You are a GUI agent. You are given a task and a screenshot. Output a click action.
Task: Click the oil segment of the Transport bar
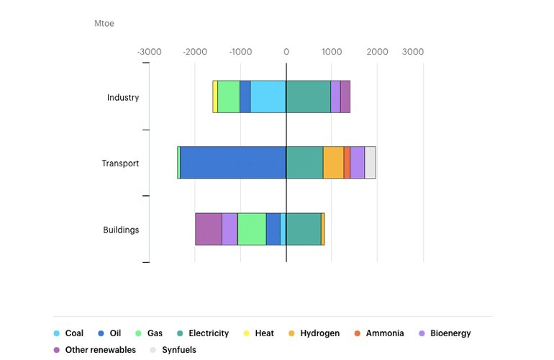point(232,163)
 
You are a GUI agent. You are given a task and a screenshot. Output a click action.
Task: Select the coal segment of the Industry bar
point(268,96)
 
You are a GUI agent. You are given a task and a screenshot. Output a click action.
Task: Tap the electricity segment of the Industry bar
point(308,96)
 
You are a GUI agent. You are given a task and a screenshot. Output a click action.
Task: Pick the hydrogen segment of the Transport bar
point(333,163)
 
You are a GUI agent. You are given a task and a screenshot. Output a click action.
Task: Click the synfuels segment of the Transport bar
point(370,163)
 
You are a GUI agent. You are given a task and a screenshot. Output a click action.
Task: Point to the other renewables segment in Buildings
point(208,229)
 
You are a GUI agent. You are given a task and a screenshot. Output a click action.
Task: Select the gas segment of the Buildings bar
point(251,229)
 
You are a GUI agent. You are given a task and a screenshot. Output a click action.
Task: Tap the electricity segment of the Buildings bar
point(303,229)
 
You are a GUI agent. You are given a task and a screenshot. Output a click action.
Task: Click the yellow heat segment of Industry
point(215,96)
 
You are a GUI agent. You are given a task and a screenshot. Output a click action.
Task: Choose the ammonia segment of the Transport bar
point(347,163)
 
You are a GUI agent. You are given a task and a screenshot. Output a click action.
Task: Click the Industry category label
point(123,97)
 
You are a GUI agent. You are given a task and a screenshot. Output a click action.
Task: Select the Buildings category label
point(121,230)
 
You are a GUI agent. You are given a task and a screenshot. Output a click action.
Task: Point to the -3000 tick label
point(150,52)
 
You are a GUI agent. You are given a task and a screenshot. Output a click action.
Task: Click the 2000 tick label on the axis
point(377,52)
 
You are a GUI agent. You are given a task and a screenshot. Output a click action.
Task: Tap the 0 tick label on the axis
point(286,52)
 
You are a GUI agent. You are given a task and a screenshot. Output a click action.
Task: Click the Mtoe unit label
point(104,23)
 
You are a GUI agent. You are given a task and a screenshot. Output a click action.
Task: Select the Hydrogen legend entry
point(314,333)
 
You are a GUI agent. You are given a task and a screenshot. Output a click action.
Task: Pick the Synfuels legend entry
point(173,350)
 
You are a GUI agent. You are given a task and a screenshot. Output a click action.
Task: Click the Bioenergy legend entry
point(444,333)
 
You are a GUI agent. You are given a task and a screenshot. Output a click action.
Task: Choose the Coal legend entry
point(68,333)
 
